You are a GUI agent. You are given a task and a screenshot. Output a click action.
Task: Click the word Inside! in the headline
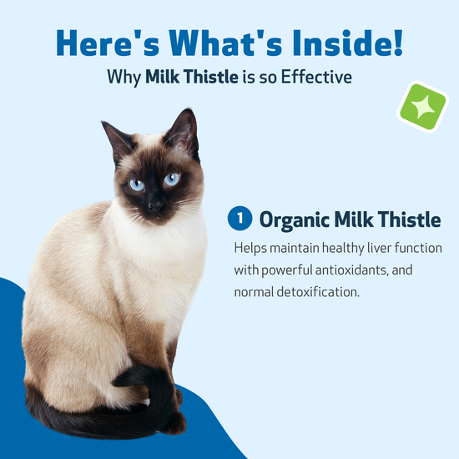(348, 43)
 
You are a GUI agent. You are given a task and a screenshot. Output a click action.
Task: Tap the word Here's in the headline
(108, 43)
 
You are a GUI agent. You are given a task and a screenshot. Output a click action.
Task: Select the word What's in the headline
(225, 43)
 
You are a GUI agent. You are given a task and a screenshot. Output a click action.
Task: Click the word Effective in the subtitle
(316, 77)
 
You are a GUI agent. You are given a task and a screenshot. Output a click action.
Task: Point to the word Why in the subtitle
(124, 78)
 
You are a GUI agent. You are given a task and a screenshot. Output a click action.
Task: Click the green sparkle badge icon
(423, 107)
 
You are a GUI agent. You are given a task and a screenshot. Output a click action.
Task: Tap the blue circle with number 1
(240, 218)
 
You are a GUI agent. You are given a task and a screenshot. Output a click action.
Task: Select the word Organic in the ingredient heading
(294, 220)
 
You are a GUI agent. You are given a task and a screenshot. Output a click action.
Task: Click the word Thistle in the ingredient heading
(409, 219)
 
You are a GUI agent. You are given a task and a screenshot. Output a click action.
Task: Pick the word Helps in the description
(250, 249)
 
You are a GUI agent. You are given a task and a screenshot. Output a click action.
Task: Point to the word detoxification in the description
(318, 292)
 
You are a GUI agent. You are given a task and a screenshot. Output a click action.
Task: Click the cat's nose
(154, 207)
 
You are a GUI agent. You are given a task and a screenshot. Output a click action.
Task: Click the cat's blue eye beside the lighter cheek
(172, 179)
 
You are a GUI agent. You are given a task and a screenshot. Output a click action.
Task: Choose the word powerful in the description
(287, 270)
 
